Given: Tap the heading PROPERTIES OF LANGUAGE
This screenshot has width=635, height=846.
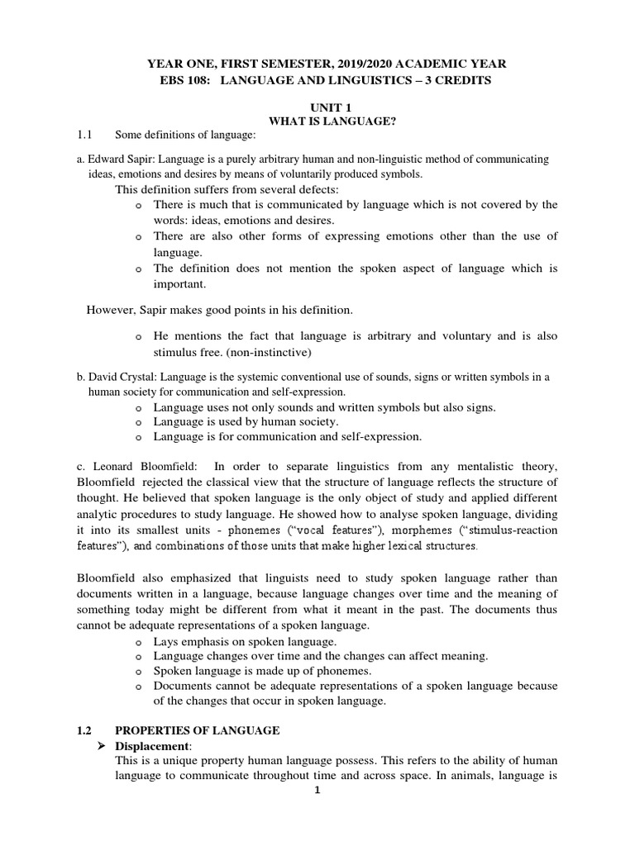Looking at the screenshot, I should [198, 731].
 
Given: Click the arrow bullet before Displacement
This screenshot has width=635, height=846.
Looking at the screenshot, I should [104, 747].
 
